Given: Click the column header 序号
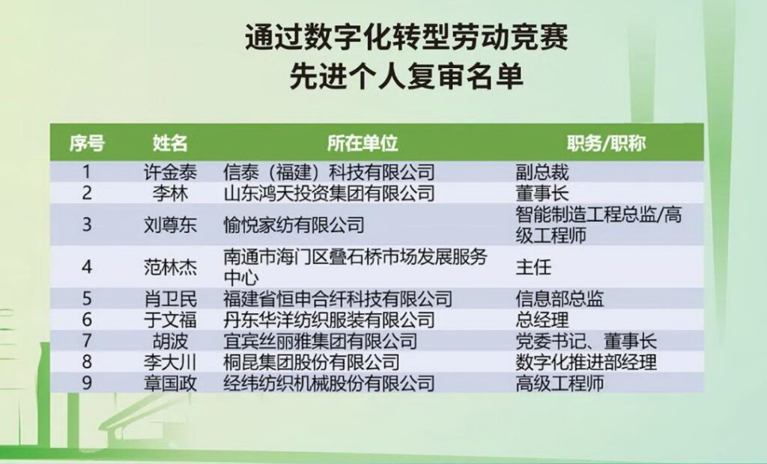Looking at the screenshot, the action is pyautogui.click(x=87, y=143).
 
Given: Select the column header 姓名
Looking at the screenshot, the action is pyautogui.click(x=170, y=143).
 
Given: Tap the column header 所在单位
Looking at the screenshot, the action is pyautogui.click(x=363, y=143).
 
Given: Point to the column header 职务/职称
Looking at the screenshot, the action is pyautogui.click(x=607, y=143).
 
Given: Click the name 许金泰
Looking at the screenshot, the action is pyautogui.click(x=170, y=172).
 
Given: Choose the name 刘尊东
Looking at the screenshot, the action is pyautogui.click(x=170, y=225).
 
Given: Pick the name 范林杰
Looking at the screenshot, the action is pyautogui.click(x=170, y=267).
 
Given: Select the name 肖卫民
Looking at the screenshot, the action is pyautogui.click(x=170, y=299).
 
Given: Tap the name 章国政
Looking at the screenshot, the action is pyautogui.click(x=170, y=383).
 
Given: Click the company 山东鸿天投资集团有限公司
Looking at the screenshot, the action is pyautogui.click(x=330, y=193).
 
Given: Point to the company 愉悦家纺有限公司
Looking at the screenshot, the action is pyautogui.click(x=294, y=225).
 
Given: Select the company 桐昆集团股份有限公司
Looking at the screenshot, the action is pyautogui.click(x=312, y=361).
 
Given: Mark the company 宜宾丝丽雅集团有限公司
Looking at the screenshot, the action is pyautogui.click(x=321, y=341).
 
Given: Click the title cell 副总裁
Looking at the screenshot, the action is pyautogui.click(x=542, y=172).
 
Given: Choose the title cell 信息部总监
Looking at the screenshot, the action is pyautogui.click(x=560, y=299).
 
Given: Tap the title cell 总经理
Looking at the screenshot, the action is pyautogui.click(x=542, y=320).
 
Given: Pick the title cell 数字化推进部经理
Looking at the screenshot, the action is pyautogui.click(x=586, y=361).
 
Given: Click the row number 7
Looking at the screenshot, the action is pyautogui.click(x=87, y=341).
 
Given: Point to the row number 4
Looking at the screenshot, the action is pyautogui.click(x=87, y=267).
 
